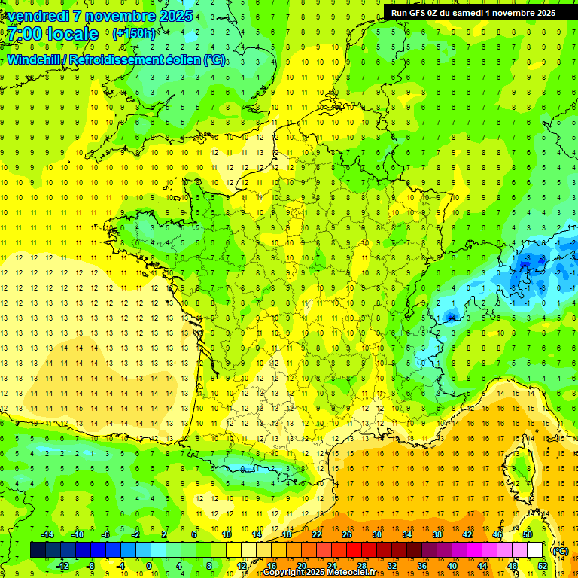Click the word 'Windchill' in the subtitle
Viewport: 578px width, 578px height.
click(36, 59)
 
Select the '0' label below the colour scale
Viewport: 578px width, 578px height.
click(149, 565)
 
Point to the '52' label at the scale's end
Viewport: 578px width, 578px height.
click(542, 565)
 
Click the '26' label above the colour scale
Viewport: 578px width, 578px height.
click(347, 534)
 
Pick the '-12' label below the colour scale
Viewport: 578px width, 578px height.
click(63, 565)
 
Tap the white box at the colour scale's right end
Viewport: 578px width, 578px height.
click(534, 550)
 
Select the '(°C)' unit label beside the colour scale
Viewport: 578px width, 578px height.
click(560, 550)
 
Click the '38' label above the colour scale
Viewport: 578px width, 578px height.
click(437, 534)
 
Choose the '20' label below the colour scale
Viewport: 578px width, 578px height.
click(301, 565)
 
